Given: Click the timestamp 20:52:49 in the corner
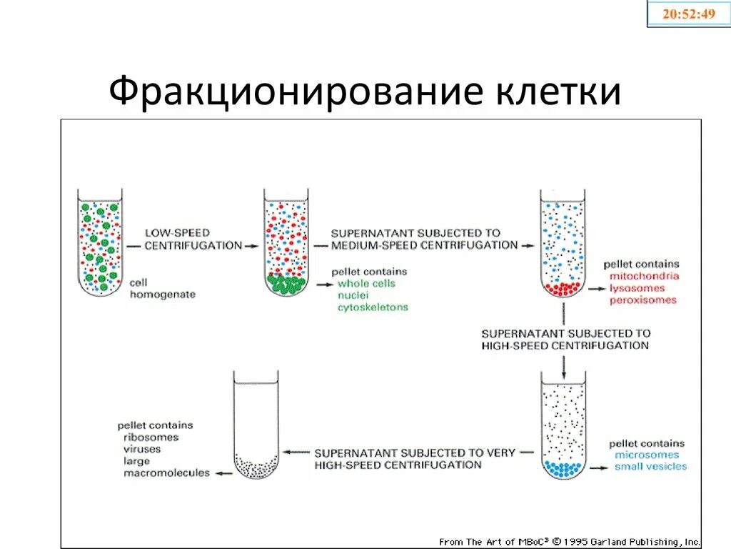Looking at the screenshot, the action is tap(688, 14).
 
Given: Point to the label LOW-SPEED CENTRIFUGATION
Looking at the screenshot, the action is tap(193, 239).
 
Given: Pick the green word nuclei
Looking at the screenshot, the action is tap(353, 295).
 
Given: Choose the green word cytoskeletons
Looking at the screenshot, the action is tap(373, 307).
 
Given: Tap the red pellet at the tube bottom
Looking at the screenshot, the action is tap(563, 289).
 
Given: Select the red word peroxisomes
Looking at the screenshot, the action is tap(642, 300).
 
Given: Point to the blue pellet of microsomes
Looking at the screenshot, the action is tap(563, 470).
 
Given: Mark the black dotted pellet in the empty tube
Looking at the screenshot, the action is tap(256, 469).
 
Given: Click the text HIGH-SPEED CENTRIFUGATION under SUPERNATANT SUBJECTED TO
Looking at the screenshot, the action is tap(565, 346).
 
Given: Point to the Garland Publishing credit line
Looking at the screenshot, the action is tap(570, 542).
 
